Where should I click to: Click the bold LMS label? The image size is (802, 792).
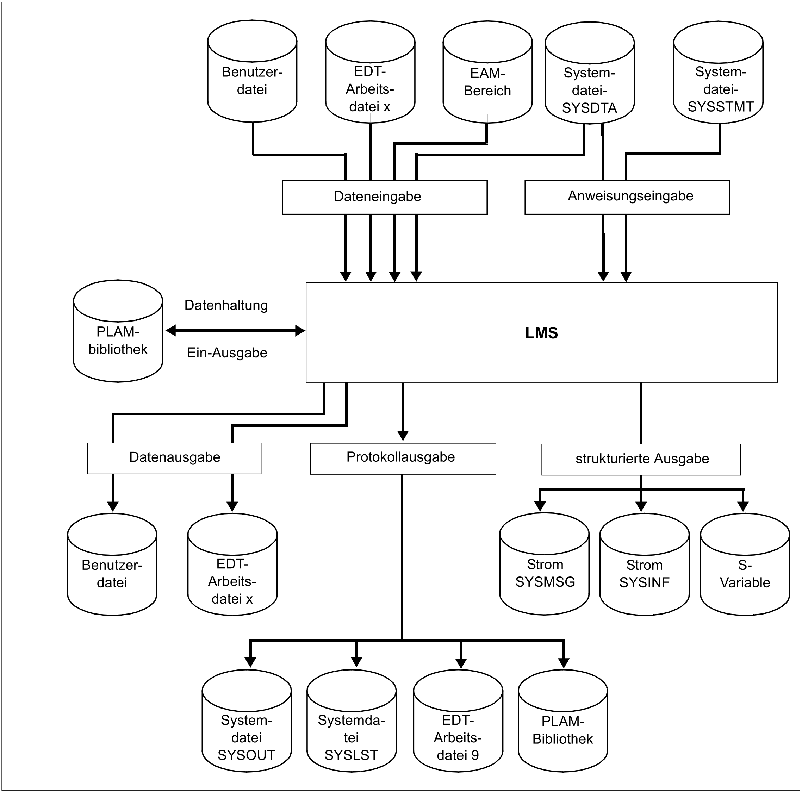(x=541, y=333)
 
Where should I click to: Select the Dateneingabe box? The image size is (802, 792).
(x=384, y=197)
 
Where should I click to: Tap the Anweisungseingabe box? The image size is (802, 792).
(x=627, y=197)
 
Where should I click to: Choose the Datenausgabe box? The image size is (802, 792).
(x=174, y=458)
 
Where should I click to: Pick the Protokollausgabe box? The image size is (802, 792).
(x=403, y=458)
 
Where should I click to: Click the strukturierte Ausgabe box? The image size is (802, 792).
(x=641, y=460)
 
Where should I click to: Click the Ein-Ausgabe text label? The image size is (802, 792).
(x=227, y=353)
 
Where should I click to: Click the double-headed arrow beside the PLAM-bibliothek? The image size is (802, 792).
(x=235, y=331)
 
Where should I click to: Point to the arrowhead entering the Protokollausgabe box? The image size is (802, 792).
(x=403, y=436)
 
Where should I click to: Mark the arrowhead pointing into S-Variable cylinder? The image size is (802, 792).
(x=742, y=506)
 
